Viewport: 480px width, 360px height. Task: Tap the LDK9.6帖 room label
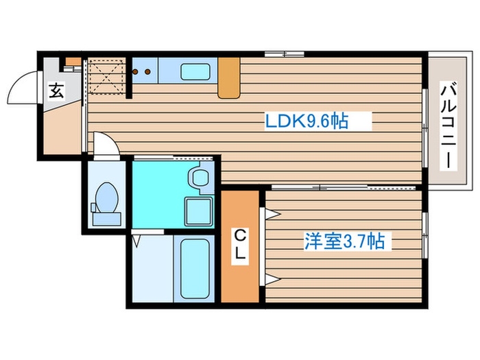tap(307, 122)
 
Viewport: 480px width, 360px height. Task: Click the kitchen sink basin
tap(195, 71)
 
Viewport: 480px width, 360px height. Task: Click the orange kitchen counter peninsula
tap(229, 78)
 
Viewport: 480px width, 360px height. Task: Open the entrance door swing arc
tap(21, 86)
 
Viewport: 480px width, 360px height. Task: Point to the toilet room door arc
tap(104, 144)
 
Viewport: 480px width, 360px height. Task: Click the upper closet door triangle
tap(272, 213)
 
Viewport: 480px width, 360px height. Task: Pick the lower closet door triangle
tap(272, 278)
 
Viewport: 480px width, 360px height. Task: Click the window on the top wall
tap(284, 53)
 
